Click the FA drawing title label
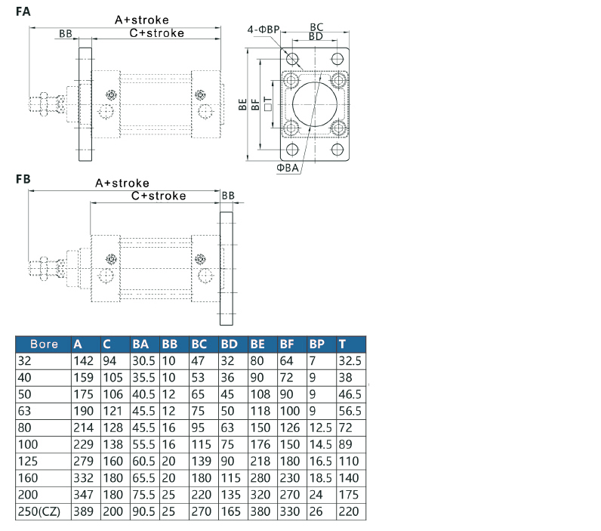[x=23, y=11]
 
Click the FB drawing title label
[x=23, y=179]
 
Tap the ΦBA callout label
[x=288, y=168]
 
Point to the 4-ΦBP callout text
[x=264, y=29]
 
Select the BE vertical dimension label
[x=242, y=104]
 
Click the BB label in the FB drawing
[x=228, y=196]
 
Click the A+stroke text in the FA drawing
[x=142, y=20]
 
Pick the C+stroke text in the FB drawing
[x=159, y=196]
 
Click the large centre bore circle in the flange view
[x=315, y=104]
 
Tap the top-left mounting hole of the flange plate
[x=292, y=59]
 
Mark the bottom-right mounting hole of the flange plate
[x=337, y=149]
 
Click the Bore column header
[x=44, y=344]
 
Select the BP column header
[x=317, y=344]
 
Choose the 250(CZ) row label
[x=39, y=511]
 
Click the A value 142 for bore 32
[x=84, y=361]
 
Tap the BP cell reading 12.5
[x=320, y=428]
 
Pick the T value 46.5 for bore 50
[x=350, y=394]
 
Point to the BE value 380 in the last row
[x=260, y=511]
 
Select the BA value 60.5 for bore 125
[x=143, y=462]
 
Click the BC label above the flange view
[x=316, y=27]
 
